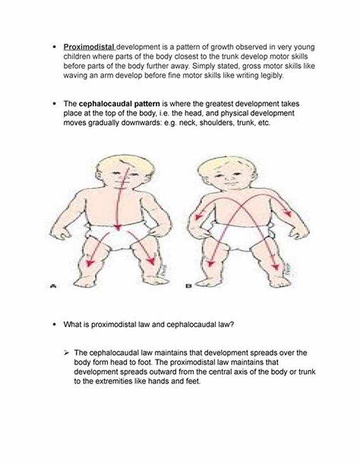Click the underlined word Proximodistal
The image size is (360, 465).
[89, 47]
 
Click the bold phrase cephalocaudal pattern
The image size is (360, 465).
[119, 104]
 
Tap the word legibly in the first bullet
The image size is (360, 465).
[272, 76]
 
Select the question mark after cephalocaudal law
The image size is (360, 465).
[232, 324]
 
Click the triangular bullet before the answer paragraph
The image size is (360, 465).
[67, 353]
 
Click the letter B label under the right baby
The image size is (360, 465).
[188, 286]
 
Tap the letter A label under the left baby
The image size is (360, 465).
[53, 286]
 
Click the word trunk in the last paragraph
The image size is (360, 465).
[307, 372]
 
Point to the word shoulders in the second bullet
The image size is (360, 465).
[217, 123]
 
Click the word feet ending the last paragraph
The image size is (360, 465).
[193, 381]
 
